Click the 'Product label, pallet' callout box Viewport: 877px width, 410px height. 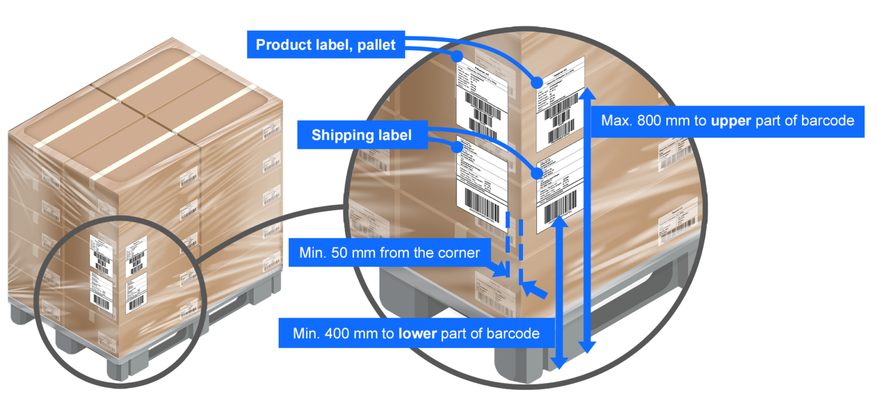pos(325,45)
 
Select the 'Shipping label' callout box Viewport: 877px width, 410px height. pos(361,135)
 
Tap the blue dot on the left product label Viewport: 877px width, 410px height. pos(456,57)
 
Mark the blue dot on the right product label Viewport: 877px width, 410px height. pos(537,83)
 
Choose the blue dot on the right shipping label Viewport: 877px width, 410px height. pos(537,173)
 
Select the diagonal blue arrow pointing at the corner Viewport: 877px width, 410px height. pos(536,290)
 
